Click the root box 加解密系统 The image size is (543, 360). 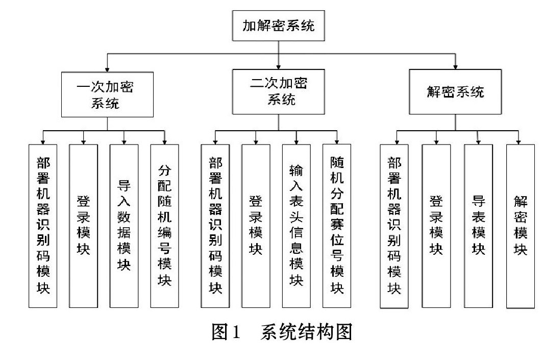[279, 26]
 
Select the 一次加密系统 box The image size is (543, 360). [107, 94]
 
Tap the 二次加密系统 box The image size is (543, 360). [279, 92]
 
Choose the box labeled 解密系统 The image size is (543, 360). [455, 92]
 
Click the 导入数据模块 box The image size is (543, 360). [124, 226]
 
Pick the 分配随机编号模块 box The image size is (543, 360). [164, 226]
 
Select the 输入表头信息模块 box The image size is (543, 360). [297, 226]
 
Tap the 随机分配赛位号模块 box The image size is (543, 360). [337, 226]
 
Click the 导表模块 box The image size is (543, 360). [478, 226]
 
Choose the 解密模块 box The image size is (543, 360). [521, 226]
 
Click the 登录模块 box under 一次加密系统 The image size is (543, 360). [84, 226]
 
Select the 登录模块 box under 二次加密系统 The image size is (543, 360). [256, 226]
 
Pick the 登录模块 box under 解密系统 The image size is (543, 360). [436, 226]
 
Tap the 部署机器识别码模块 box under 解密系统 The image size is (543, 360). [394, 226]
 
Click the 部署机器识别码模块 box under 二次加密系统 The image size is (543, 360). [215, 226]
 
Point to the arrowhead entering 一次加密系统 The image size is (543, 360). [107, 69]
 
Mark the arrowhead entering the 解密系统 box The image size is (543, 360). [455, 67]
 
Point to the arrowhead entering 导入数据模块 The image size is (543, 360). [124, 142]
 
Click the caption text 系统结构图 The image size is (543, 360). [307, 331]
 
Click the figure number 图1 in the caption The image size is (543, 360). [226, 331]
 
